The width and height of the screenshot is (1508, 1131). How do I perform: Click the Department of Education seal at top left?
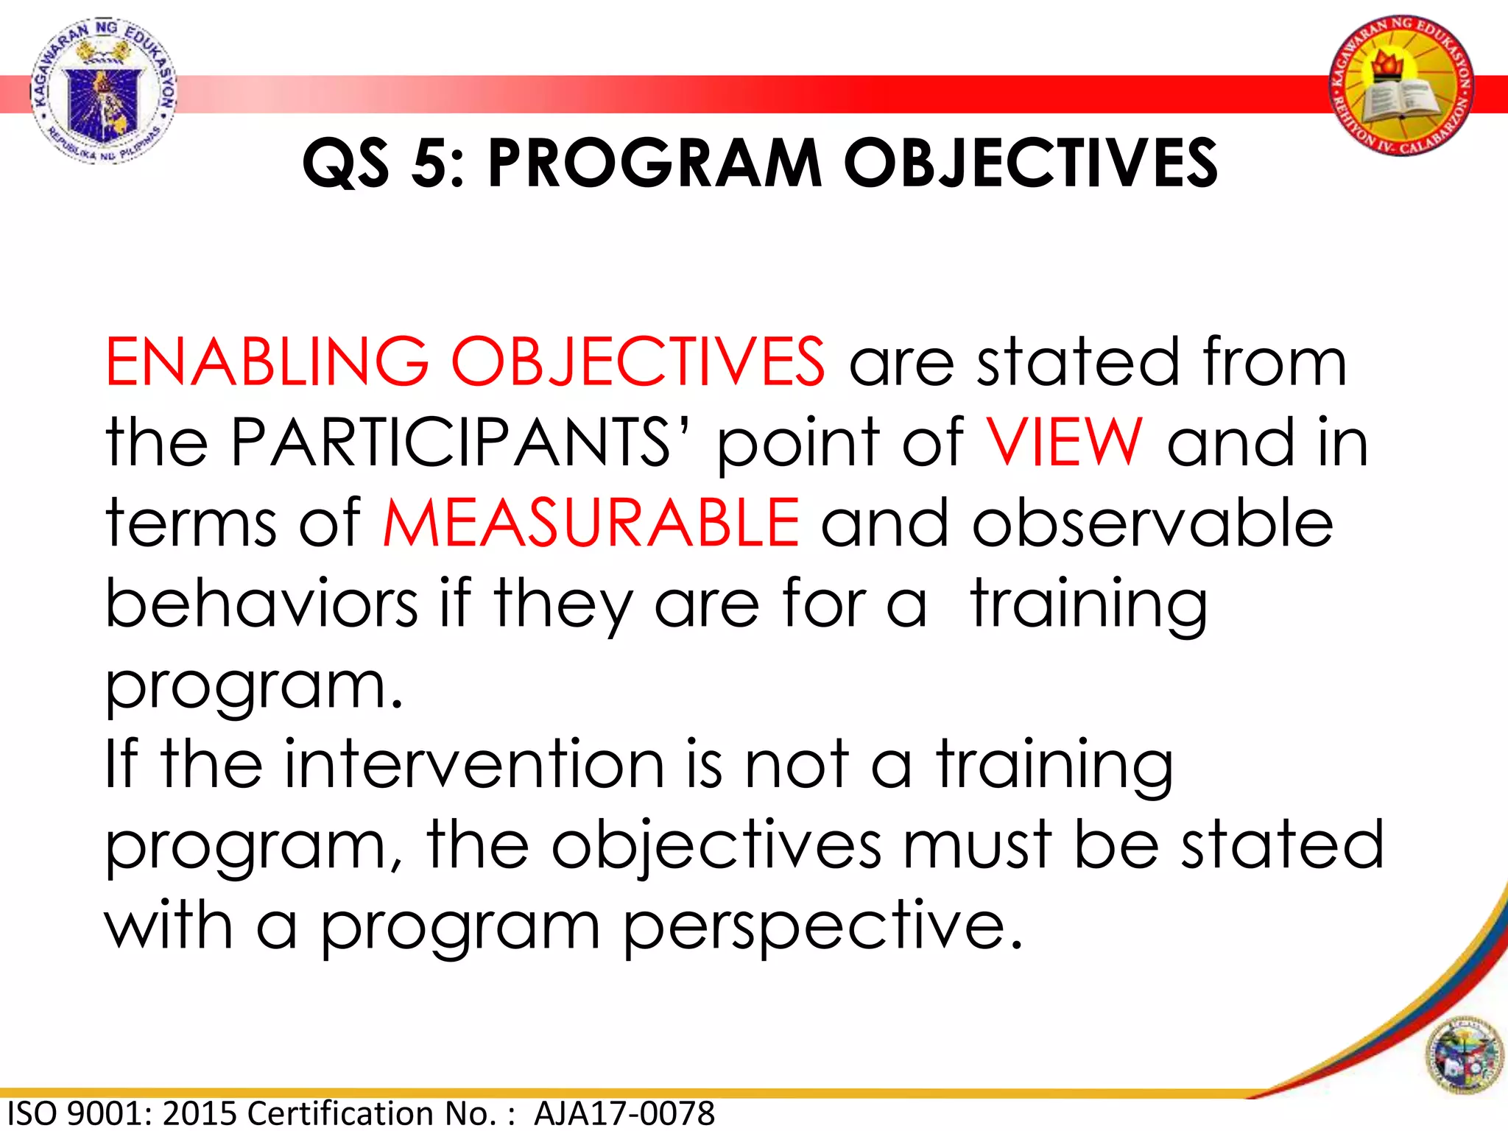coord(103,90)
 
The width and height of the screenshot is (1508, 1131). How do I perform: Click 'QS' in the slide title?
coord(345,163)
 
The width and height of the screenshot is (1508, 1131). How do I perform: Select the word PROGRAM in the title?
coord(655,163)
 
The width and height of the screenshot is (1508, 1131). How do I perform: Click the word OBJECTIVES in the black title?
coord(1030,163)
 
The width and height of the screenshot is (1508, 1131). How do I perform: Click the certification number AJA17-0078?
coord(624,1113)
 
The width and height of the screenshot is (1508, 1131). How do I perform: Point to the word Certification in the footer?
coord(373,1113)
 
